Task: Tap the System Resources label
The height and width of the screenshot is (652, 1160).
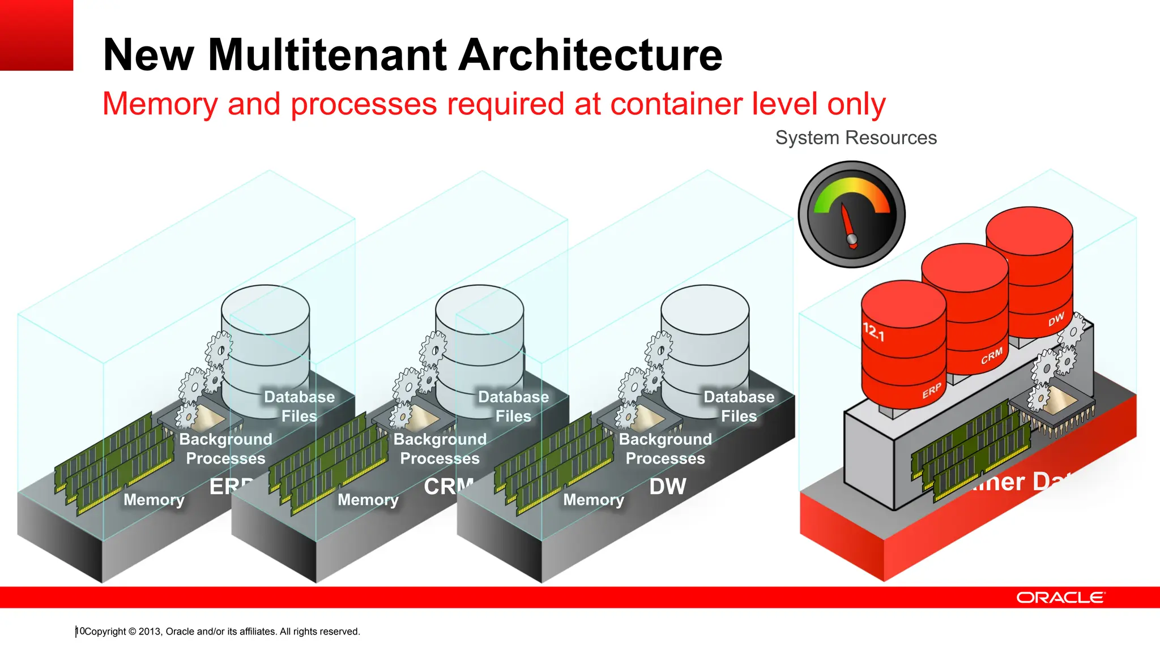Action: (x=855, y=138)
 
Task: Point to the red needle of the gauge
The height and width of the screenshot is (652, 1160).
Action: (x=848, y=224)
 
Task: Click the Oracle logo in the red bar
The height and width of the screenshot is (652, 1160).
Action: (x=1060, y=598)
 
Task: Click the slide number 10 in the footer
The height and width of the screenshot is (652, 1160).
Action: (x=80, y=631)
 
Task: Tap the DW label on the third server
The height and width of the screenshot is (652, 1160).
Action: (x=667, y=487)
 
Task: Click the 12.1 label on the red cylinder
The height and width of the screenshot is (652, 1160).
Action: (x=873, y=332)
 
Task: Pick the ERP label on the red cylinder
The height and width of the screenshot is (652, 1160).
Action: (x=931, y=391)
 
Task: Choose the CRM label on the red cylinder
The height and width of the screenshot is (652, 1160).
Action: (x=992, y=356)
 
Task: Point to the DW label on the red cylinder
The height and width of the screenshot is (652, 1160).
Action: (x=1056, y=320)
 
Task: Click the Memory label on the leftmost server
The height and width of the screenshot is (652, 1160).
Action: (x=154, y=500)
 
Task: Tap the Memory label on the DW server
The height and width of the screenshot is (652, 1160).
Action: (x=594, y=500)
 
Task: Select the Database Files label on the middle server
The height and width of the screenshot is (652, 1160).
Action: (x=513, y=406)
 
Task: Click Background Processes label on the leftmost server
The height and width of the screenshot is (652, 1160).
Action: (x=225, y=449)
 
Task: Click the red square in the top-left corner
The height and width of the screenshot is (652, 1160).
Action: (x=36, y=35)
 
